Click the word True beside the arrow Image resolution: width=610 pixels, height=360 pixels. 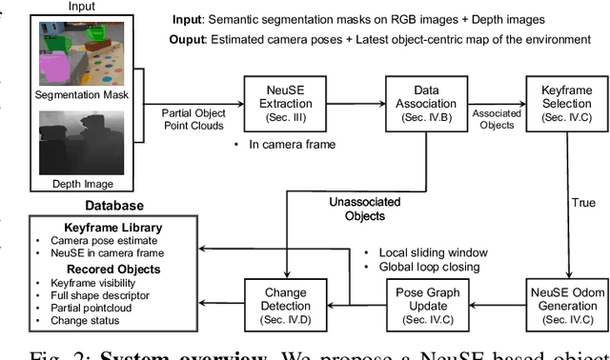click(582, 203)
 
